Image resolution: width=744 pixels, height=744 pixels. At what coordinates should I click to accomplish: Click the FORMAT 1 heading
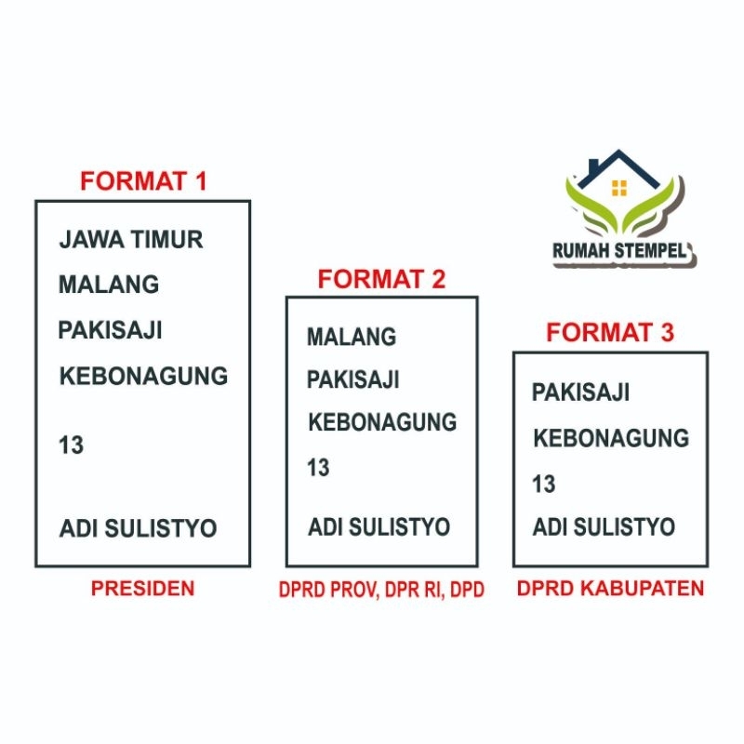142,180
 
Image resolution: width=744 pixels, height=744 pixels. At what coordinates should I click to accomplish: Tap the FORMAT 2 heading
381,278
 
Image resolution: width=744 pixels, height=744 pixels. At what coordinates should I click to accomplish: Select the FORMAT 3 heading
610,332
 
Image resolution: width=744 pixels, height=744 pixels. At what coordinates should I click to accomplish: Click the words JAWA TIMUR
130,239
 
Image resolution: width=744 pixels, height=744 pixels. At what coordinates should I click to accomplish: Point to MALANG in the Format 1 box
109,284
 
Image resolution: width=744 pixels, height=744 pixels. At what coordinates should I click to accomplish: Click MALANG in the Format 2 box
352,336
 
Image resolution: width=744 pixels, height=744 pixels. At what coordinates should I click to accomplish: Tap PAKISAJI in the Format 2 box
353,379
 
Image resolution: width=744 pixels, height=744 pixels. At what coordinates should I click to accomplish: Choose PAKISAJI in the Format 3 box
580,392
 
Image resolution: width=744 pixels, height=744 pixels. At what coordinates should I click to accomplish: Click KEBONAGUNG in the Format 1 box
143,376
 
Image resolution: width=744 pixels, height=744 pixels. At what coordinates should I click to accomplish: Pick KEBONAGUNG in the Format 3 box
611,437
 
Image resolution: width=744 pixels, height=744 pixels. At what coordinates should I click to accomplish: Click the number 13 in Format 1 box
72,445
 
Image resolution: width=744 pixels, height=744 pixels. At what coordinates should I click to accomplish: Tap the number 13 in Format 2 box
318,468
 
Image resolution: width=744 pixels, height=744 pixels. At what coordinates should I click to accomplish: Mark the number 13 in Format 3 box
544,484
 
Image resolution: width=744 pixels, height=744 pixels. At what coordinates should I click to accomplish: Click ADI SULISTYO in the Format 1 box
138,528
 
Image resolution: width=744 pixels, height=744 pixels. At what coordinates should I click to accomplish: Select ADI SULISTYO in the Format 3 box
604,527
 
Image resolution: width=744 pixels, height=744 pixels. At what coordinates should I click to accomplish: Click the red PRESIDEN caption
142,588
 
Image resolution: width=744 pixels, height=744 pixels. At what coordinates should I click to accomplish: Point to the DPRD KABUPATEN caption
610,588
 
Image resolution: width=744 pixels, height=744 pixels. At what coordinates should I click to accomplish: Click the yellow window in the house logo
619,188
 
